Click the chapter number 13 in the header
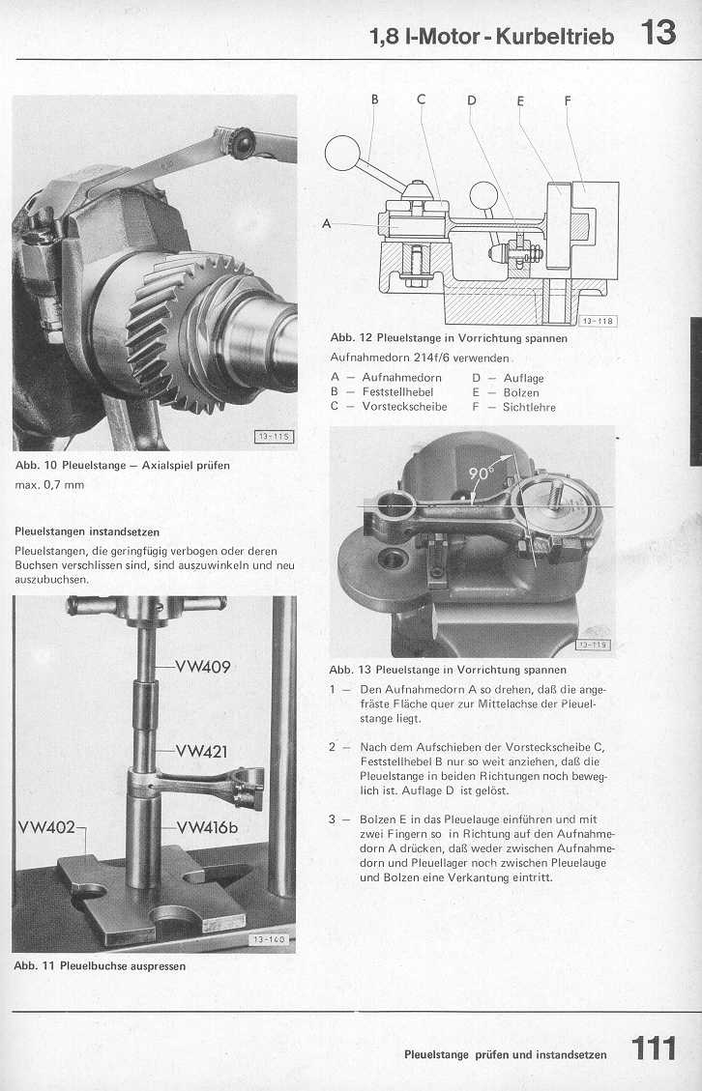pos(658,34)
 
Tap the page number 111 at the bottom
pos(654,1049)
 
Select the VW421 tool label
pos(203,752)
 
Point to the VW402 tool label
pos(46,826)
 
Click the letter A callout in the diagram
pos(327,223)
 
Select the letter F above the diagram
pos(568,100)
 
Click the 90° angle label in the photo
pos(481,474)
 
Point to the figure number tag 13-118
pos(598,321)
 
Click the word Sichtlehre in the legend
pos(529,407)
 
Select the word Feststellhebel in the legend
pos(397,392)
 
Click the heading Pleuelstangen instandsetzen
pos(87,531)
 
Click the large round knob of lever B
pos(342,154)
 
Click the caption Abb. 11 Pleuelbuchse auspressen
pos(100,964)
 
